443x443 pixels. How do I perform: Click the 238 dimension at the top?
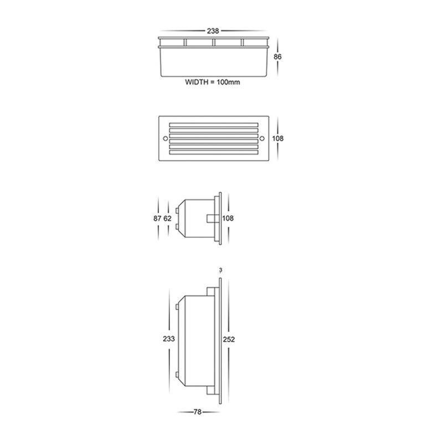pos(213,31)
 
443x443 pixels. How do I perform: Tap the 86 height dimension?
pos(277,57)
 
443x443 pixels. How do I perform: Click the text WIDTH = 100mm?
pos(213,82)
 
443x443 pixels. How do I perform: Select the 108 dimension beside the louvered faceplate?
pos(278,138)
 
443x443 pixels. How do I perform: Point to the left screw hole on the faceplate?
pos(166,138)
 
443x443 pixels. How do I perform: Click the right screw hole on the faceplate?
pos(262,138)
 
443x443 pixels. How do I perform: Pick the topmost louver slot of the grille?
pos(214,125)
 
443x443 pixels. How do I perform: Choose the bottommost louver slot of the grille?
pos(214,152)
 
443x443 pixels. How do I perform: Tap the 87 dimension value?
pos(157,218)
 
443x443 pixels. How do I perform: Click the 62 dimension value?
pos(168,218)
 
